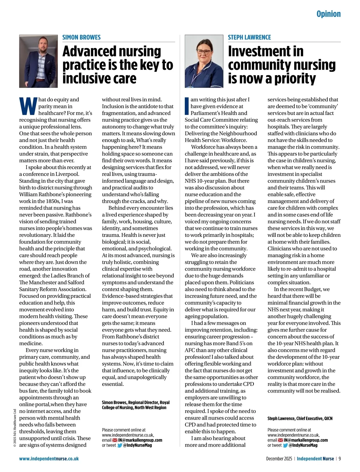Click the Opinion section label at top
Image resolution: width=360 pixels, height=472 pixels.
tap(328, 14)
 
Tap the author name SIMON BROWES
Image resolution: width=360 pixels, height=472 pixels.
tap(81, 37)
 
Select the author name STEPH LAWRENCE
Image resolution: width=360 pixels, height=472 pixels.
tap(249, 37)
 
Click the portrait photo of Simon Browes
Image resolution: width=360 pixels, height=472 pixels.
tap(38, 61)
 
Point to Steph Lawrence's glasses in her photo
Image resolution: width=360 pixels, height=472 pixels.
tap(204, 52)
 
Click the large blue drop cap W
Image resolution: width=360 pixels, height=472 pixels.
tap(28, 106)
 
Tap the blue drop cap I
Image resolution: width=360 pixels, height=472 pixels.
tap(187, 106)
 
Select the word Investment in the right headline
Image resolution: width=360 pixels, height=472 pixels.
tap(265, 51)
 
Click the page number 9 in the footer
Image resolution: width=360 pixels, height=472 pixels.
tap(340, 459)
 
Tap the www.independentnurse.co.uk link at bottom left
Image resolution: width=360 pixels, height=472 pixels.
tap(49, 459)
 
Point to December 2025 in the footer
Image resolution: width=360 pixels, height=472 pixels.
tap(279, 459)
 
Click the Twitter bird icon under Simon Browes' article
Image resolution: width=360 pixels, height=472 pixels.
tap(120, 445)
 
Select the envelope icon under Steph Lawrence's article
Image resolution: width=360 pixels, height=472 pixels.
tap(280, 440)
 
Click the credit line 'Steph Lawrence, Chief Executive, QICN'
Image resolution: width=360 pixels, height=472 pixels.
tap(300, 418)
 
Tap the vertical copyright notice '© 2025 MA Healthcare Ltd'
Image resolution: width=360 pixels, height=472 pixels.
tap(15, 428)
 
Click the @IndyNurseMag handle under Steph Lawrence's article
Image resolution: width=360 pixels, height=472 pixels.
tap(303, 445)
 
